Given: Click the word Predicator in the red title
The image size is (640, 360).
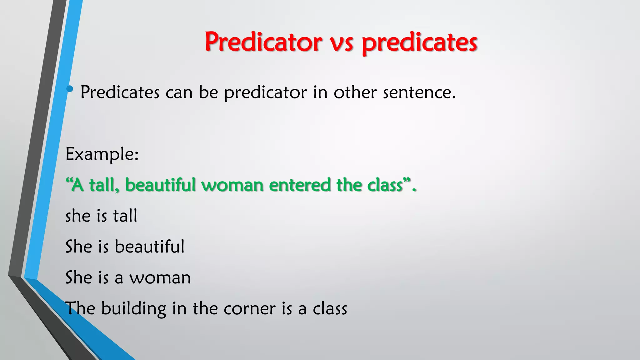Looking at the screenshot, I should click(263, 42).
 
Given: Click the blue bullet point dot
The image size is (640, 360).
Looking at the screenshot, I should click(70, 89).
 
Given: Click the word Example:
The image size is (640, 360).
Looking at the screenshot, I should click(102, 154).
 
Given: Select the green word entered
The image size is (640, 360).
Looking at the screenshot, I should click(300, 185).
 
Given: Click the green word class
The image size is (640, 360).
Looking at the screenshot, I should click(385, 185).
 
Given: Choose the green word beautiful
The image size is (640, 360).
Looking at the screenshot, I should click(160, 185).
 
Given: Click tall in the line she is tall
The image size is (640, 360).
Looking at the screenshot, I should click(125, 216).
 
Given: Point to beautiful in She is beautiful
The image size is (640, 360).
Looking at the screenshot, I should click(149, 247).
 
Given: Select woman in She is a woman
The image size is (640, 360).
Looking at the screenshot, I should click(160, 277).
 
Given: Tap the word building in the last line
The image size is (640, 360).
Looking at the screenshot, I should click(133, 309).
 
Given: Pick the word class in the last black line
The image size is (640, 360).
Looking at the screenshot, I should click(330, 309).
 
